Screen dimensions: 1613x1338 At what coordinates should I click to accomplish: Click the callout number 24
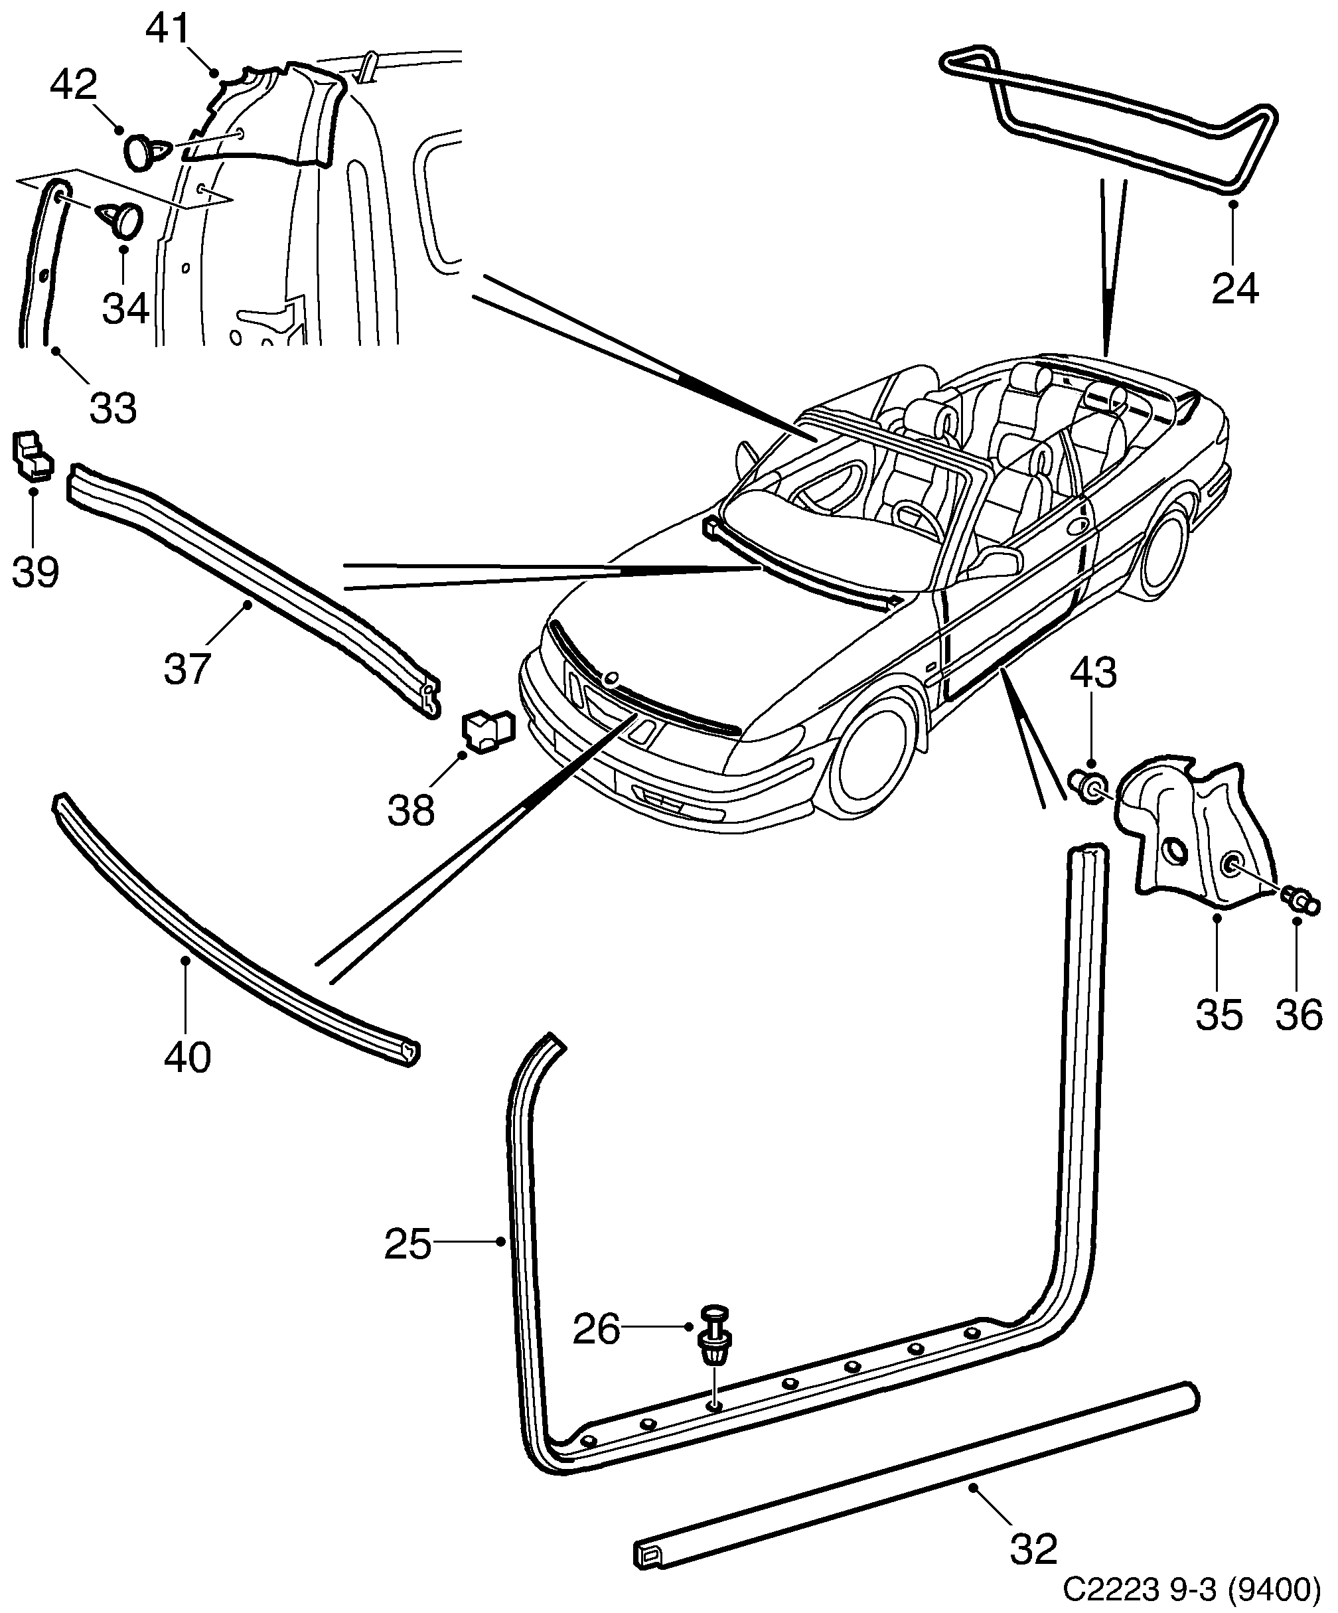pyautogui.click(x=1235, y=289)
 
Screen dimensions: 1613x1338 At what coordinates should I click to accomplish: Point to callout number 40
pyautogui.click(x=186, y=1057)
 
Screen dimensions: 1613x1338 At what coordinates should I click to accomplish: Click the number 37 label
pyautogui.click(x=186, y=668)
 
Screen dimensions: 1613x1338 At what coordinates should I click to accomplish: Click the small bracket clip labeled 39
pyautogui.click(x=31, y=455)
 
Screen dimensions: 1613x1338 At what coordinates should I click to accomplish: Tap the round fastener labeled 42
pyautogui.click(x=143, y=151)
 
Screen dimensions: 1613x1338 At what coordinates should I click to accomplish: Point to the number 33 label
pyautogui.click(x=113, y=408)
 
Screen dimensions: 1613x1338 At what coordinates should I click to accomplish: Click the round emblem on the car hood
pyautogui.click(x=612, y=678)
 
